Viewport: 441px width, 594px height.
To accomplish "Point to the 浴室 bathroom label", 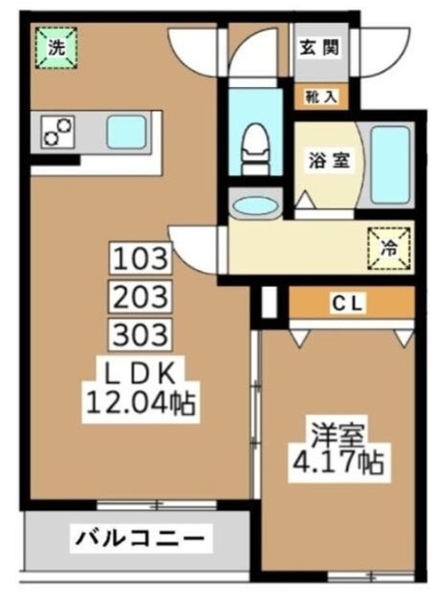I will [x=330, y=160].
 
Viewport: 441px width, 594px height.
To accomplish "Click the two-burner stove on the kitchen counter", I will [x=58, y=133].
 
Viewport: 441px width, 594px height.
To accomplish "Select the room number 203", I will [x=143, y=295].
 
